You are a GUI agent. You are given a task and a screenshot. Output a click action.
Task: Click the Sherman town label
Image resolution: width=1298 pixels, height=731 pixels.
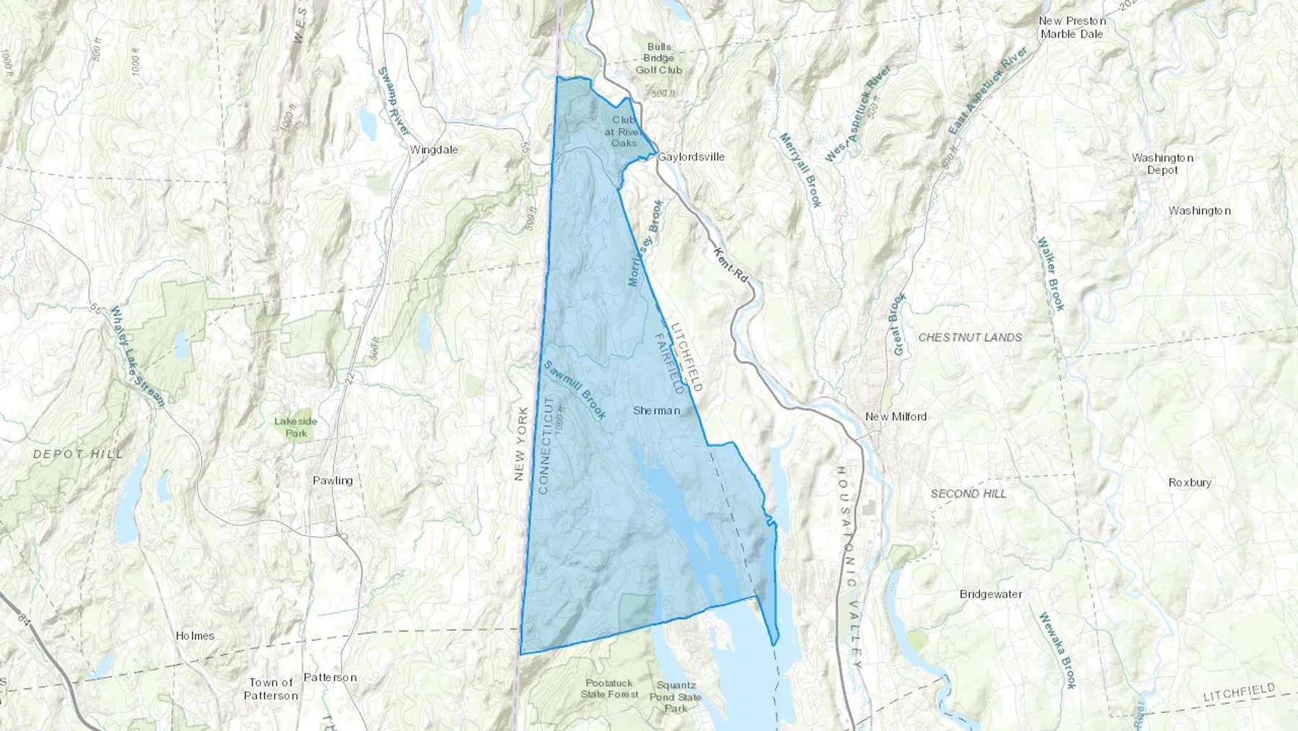tap(656, 411)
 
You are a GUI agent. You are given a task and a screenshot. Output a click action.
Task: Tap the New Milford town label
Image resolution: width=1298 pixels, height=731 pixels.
tap(896, 416)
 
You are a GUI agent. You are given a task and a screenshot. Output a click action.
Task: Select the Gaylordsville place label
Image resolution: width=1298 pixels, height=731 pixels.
tap(691, 157)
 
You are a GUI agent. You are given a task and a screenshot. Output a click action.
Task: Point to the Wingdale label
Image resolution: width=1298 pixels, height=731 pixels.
tap(433, 150)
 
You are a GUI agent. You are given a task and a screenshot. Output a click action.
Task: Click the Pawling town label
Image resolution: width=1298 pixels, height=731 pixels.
tap(332, 481)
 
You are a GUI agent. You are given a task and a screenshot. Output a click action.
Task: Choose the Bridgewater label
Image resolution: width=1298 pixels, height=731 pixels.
tap(991, 595)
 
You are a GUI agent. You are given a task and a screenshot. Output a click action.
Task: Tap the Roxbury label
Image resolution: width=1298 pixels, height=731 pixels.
tap(1189, 483)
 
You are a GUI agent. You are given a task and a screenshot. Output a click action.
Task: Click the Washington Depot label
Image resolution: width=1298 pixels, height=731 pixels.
tap(1162, 164)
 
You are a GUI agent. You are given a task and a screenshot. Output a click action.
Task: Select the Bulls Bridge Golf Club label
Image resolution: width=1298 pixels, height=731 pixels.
tap(658, 58)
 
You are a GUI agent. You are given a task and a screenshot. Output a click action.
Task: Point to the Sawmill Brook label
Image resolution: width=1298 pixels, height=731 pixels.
tap(574, 390)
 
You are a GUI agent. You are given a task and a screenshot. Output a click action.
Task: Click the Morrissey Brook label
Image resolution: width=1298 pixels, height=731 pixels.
tap(645, 243)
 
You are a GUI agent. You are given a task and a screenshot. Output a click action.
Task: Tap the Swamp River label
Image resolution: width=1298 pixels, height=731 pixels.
tap(394, 101)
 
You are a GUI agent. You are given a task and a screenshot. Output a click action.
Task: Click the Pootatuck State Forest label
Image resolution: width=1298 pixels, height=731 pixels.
tap(610, 688)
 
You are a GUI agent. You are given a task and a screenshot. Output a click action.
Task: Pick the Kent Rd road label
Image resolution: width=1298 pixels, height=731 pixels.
tap(731, 264)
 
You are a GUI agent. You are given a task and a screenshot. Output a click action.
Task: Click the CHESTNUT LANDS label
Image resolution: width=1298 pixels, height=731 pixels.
tap(970, 337)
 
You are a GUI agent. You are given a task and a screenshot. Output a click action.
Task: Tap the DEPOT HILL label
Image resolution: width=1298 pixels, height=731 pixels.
tap(78, 454)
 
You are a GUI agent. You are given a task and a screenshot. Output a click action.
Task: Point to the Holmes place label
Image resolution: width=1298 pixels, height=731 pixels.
tap(195, 636)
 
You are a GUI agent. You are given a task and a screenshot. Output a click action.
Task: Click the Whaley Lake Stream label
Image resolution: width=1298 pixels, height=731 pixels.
tap(136, 356)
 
